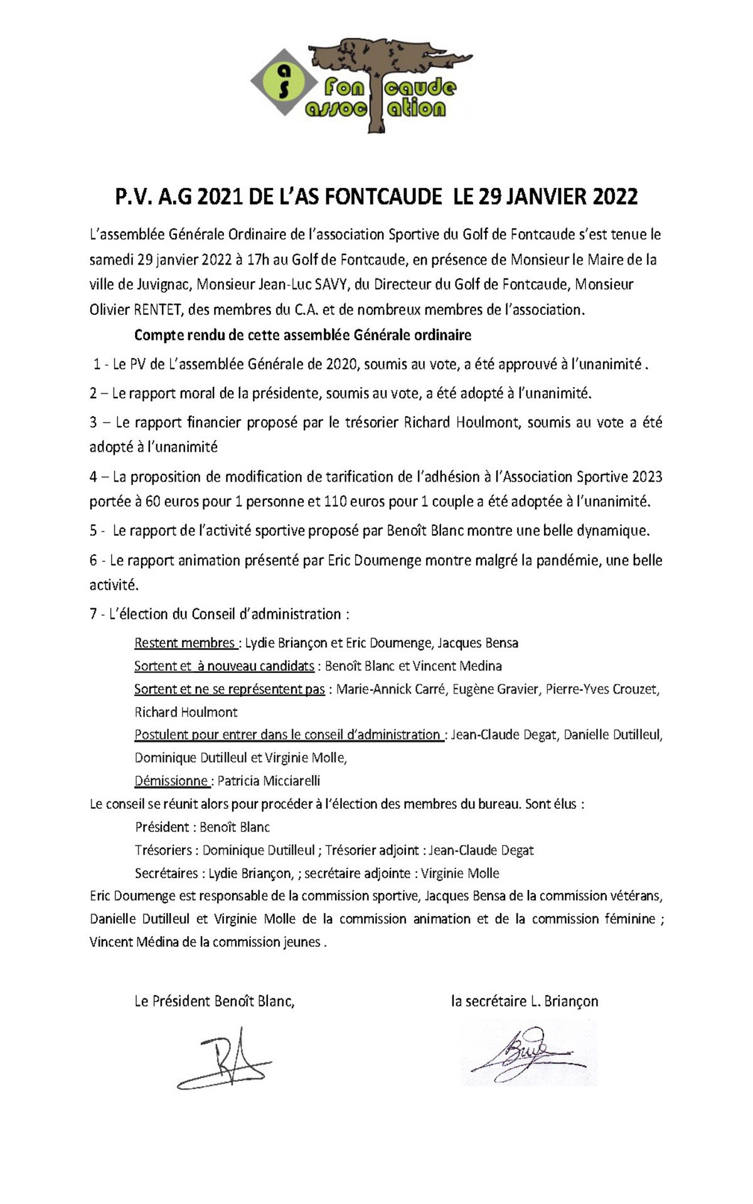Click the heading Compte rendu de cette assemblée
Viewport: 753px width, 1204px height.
coord(302,335)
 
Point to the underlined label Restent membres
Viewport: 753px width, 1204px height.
coord(185,643)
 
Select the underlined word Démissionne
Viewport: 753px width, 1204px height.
coord(171,781)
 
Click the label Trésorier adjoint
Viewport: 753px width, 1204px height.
coord(372,850)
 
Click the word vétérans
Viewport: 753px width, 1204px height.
coord(633,896)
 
